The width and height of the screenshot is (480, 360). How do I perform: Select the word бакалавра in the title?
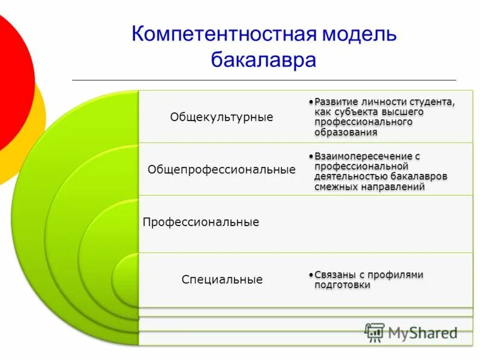263,60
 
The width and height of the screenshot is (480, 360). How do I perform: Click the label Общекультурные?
221,117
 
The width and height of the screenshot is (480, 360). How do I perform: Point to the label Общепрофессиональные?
221,170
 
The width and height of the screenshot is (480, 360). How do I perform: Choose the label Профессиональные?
201,223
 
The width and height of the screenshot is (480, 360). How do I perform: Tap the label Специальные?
222,280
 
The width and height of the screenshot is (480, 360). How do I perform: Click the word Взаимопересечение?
363,156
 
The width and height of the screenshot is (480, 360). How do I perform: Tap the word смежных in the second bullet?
334,187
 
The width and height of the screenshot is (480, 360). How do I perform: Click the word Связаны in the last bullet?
334,275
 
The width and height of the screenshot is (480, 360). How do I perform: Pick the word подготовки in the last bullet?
342,285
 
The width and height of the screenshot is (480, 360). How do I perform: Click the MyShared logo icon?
375,332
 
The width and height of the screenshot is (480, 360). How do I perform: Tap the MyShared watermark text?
423,332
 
